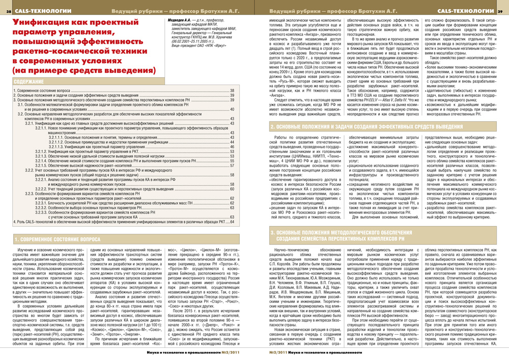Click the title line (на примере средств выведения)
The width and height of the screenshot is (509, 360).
pyautogui.click(x=71, y=70)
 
